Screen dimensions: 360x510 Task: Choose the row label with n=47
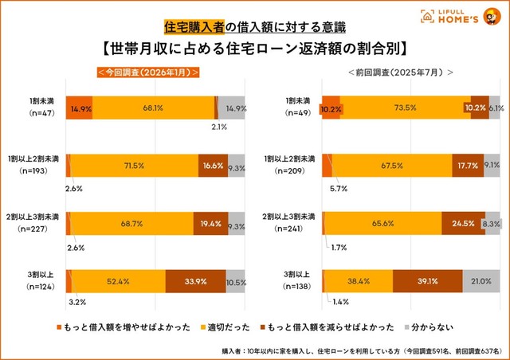tap(37, 108)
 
